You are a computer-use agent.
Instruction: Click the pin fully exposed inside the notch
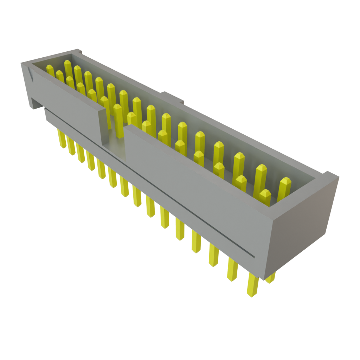click(118, 118)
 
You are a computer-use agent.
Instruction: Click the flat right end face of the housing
click(302, 225)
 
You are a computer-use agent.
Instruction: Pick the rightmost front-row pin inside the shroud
click(264, 197)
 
